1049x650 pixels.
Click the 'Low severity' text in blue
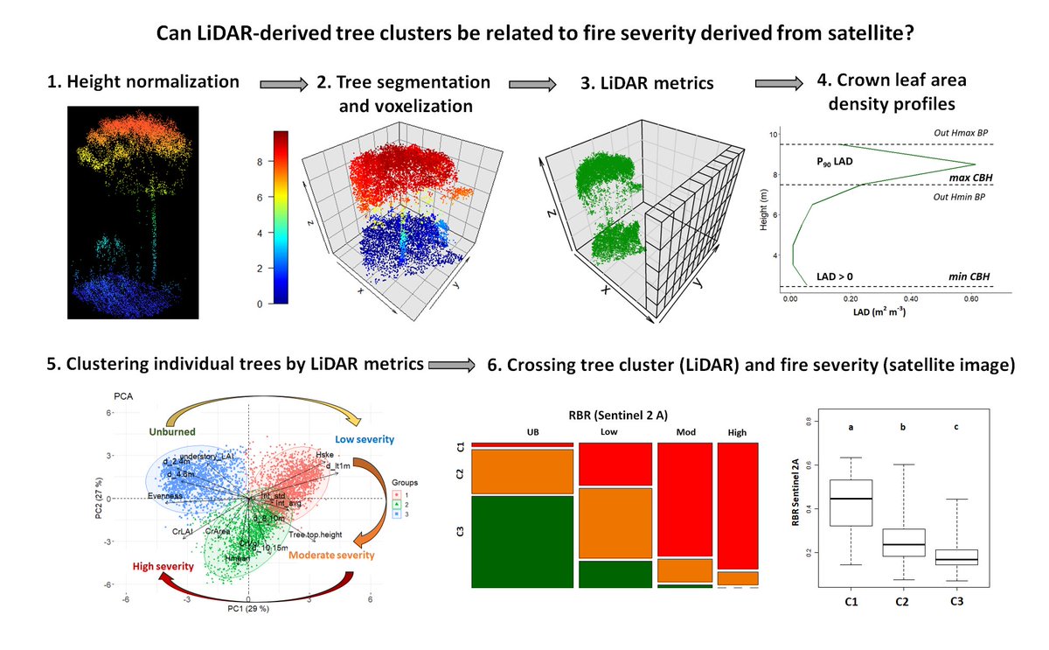pyautogui.click(x=365, y=438)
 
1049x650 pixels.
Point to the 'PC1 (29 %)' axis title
pyautogui.click(x=248, y=608)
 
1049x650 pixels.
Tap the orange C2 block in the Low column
pyautogui.click(x=615, y=522)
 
